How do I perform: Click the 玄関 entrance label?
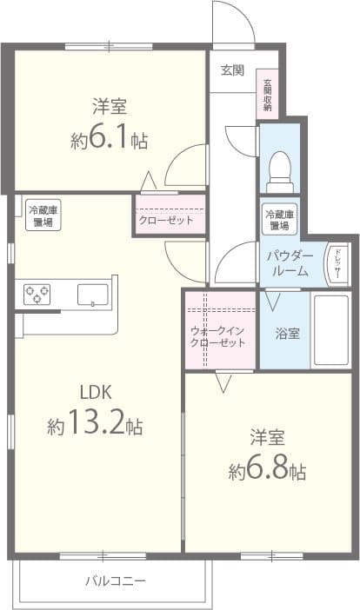click(x=231, y=70)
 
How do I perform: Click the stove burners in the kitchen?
click(x=37, y=294)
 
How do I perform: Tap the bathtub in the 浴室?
click(x=330, y=330)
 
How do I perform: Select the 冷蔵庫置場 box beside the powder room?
click(x=279, y=220)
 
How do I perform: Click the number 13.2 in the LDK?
click(x=96, y=425)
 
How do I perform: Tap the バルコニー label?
click(x=116, y=580)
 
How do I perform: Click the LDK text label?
click(x=96, y=392)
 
